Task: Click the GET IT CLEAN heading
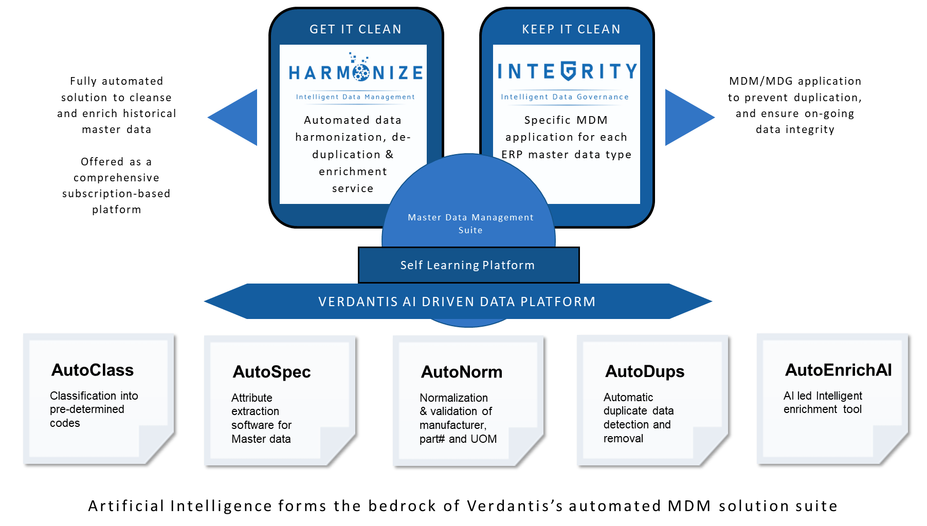[x=355, y=29]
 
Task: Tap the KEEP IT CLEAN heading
[x=571, y=29]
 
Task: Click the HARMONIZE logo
[x=356, y=72]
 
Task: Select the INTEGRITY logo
[x=567, y=71]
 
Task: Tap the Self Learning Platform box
[x=468, y=265]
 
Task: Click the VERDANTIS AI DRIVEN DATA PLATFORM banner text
[x=457, y=302]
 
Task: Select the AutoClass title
[x=93, y=370]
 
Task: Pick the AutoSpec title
[x=271, y=371]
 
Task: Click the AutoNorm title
[x=462, y=371]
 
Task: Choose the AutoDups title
[x=645, y=371]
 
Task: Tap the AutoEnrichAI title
[x=838, y=370]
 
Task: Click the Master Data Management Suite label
[x=470, y=223]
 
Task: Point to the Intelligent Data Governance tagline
[x=565, y=97]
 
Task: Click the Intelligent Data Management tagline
[x=355, y=97]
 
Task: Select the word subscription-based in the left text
[x=116, y=194]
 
